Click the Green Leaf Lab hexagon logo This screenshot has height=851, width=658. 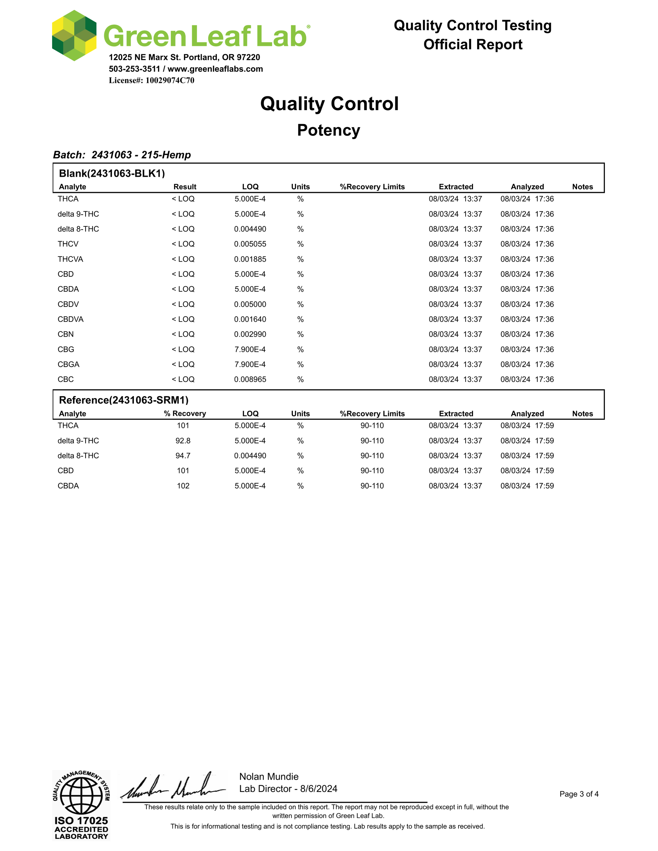pyautogui.click(x=74, y=35)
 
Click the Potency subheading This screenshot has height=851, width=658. pyautogui.click(x=329, y=130)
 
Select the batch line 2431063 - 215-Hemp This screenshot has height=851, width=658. pyautogui.click(x=122, y=155)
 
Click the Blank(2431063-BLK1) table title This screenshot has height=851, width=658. pyautogui.click(x=112, y=173)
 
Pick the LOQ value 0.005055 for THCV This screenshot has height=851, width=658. pyautogui.click(x=250, y=244)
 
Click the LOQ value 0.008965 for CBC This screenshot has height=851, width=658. pyautogui.click(x=250, y=379)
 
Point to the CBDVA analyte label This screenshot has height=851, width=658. pyautogui.click(x=71, y=319)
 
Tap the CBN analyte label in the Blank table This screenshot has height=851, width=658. pyautogui.click(x=66, y=334)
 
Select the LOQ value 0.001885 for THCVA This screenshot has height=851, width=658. pyautogui.click(x=250, y=259)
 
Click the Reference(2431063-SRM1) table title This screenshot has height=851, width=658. pyautogui.click(x=123, y=400)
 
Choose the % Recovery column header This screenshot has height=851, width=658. pyautogui.click(x=185, y=413)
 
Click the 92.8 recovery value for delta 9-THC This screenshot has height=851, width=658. pyautogui.click(x=183, y=441)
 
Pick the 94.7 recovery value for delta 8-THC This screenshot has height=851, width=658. pyautogui.click(x=183, y=456)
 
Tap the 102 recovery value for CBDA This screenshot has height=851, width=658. pyautogui.click(x=183, y=486)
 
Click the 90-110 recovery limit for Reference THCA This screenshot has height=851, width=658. pyautogui.click(x=372, y=425)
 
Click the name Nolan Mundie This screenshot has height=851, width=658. pyautogui.click(x=268, y=777)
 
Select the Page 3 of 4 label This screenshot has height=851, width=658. pyautogui.click(x=579, y=794)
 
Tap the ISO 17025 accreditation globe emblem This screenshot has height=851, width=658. pyautogui.click(x=81, y=795)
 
